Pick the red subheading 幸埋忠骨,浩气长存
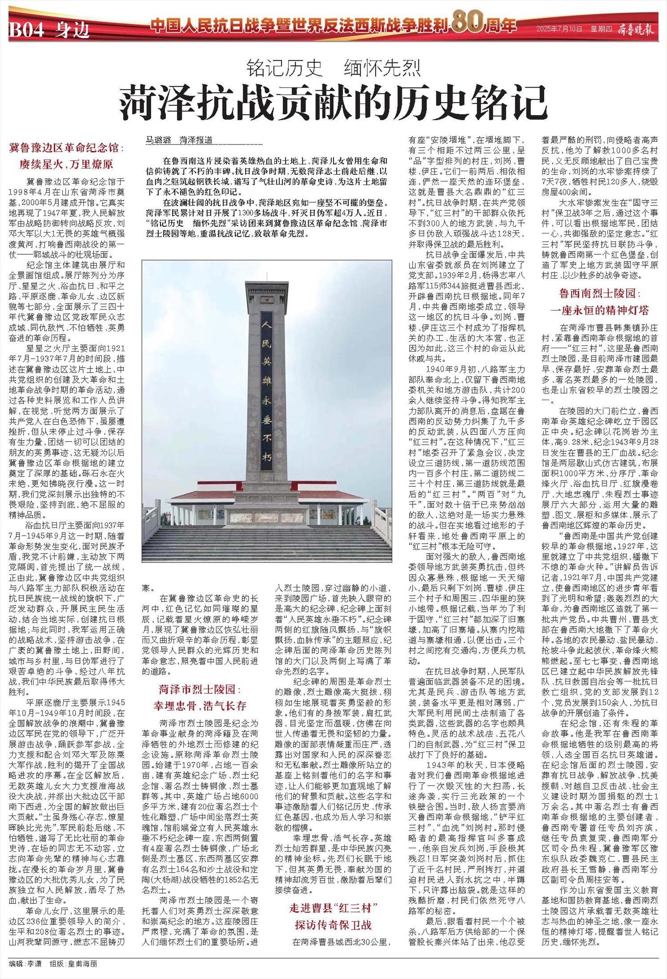tap(199, 706)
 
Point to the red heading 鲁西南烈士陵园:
tap(599, 293)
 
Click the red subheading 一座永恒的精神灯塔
tap(599, 310)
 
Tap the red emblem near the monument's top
tap(267, 300)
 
